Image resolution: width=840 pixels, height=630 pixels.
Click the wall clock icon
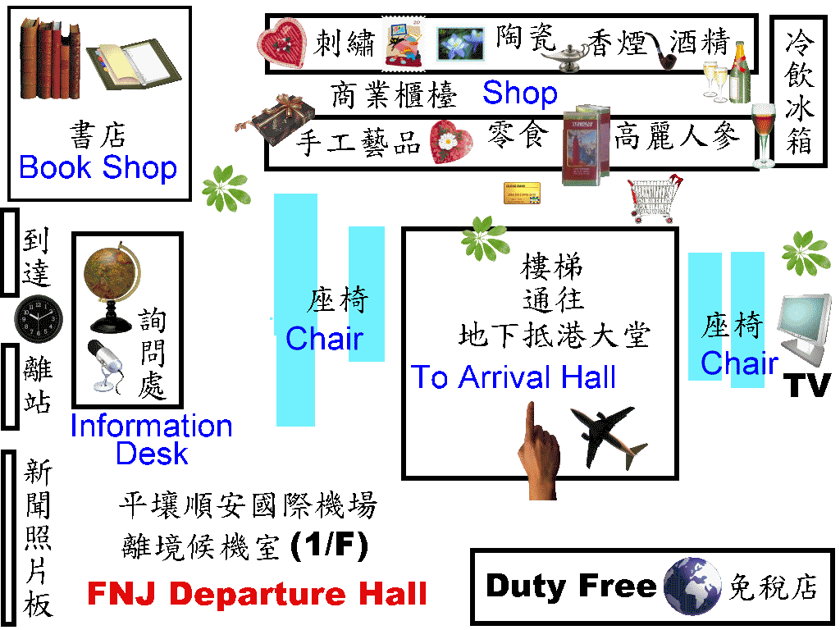pos(39,320)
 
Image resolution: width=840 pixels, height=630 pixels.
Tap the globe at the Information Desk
pos(112,279)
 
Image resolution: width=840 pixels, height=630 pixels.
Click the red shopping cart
pos(652,199)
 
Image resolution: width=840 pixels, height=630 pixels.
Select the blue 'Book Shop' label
pos(98,168)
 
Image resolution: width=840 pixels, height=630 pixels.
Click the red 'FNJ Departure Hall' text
pos(257,593)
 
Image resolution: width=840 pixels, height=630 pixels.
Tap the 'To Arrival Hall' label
pos(514,377)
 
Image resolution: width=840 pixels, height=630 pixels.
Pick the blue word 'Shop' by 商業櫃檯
pos(519,94)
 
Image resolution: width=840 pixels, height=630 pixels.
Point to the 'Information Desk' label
pos(152,440)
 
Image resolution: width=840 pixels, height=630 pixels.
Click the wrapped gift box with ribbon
pos(279,115)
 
